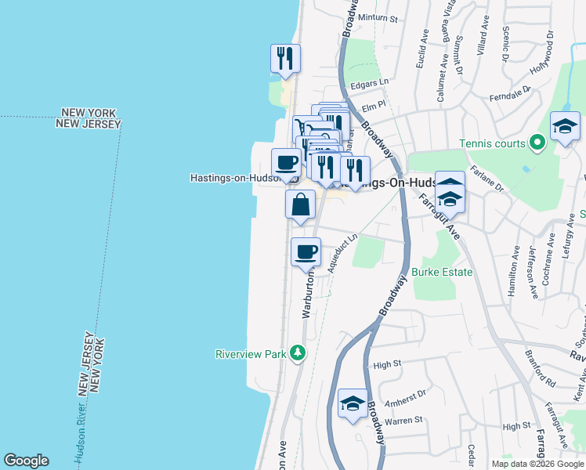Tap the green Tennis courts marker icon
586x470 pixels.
[537, 143]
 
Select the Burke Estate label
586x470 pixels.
[443, 273]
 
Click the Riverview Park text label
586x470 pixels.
[251, 354]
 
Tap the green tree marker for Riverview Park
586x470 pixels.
[297, 354]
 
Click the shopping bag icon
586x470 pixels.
[301, 206]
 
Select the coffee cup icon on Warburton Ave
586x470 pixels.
[306, 252]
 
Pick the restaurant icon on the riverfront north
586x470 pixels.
[285, 59]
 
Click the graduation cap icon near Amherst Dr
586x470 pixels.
[353, 404]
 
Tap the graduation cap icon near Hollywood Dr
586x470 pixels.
[565, 127]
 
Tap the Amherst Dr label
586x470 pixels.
[410, 396]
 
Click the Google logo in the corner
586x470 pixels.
[26, 461]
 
